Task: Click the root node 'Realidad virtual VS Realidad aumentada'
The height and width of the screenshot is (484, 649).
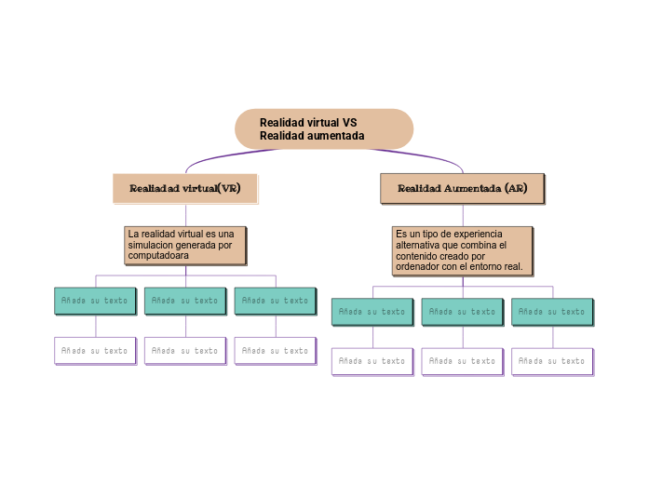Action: tap(323, 128)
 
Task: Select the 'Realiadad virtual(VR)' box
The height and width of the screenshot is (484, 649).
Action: tap(184, 188)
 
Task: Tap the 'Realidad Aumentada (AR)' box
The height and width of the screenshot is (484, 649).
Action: tap(462, 188)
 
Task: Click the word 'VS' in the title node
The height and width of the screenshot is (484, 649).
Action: tap(349, 123)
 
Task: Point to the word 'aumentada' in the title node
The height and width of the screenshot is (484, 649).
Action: tap(338, 136)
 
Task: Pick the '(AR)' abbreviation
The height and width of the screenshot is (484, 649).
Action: tap(516, 188)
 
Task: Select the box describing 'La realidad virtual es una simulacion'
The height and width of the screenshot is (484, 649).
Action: tap(185, 245)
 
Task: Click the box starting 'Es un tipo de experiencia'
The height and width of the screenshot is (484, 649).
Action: tap(462, 250)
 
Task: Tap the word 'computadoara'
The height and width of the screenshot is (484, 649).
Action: tap(158, 255)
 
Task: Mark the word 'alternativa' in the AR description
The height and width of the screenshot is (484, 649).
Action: tap(419, 245)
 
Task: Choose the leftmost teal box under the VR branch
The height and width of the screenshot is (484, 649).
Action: tap(95, 301)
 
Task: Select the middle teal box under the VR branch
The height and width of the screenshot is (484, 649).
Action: tap(185, 301)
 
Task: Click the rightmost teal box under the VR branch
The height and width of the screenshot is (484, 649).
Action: tap(276, 301)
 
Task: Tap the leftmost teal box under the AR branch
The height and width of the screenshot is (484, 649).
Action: tap(372, 312)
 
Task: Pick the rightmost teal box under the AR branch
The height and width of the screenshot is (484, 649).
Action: tap(552, 312)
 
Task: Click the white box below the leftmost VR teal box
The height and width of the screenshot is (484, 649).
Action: tap(95, 351)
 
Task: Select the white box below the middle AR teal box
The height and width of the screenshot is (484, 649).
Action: tap(463, 361)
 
